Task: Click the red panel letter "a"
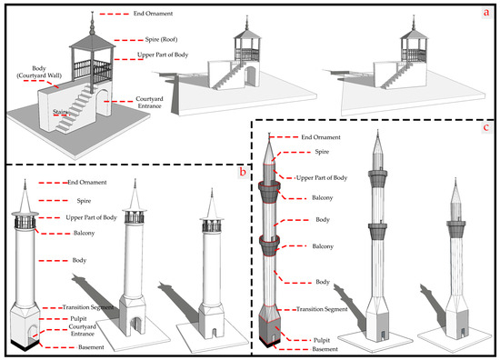point(486,13)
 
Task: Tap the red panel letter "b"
point(243,172)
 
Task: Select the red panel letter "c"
point(486,127)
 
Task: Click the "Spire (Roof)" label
point(161,39)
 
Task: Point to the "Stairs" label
point(60,112)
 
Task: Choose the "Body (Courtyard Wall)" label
point(39,72)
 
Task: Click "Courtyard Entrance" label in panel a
point(149,103)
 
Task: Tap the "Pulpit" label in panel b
point(78,318)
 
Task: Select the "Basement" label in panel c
point(325,349)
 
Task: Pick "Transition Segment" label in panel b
point(88,307)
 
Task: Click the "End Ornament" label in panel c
point(321,137)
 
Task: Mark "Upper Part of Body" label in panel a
point(163,55)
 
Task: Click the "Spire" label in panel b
point(84,201)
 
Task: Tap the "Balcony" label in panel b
point(85,233)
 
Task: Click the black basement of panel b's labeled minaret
point(25,345)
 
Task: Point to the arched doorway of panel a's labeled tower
point(103,103)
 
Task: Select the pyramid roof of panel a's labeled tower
point(92,41)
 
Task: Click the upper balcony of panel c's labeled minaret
point(269,192)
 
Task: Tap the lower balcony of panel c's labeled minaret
point(269,245)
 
